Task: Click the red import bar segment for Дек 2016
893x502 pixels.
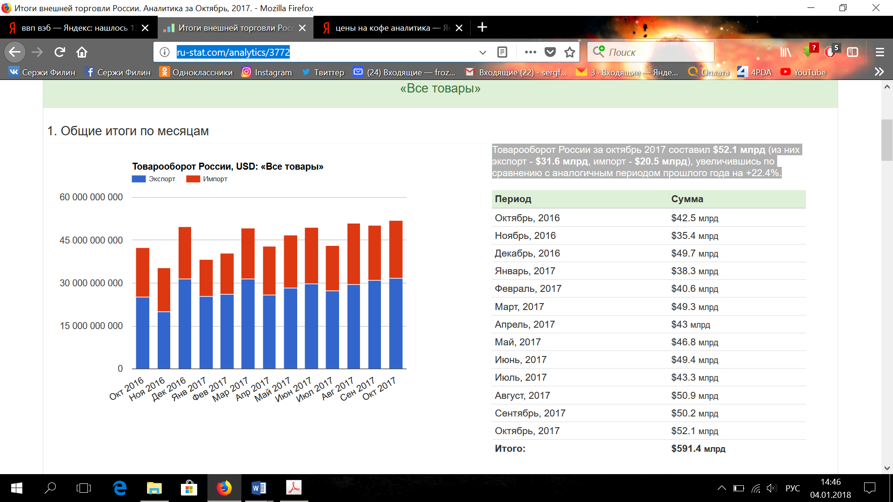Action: coord(185,253)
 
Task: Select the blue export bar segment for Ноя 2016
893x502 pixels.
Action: coord(164,340)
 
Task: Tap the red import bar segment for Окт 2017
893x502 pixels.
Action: coord(396,250)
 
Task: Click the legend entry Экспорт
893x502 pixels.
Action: coord(153,179)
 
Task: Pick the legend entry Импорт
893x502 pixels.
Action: coord(207,179)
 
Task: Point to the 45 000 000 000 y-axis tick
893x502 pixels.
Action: coord(91,240)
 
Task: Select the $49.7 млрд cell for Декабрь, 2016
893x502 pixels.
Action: coord(694,253)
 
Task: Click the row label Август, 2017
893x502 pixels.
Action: coord(522,396)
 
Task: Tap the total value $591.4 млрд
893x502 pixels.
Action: coord(698,449)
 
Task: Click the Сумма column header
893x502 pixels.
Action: coord(687,199)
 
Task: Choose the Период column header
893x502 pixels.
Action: coord(513,199)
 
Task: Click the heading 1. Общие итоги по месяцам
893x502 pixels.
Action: coord(128,131)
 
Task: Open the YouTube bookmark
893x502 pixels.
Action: coord(803,72)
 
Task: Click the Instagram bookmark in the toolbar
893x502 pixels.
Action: coord(267,72)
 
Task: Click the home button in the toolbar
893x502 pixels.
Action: coord(82,52)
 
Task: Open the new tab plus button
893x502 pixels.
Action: coord(482,27)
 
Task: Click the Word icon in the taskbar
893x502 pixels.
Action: coord(259,488)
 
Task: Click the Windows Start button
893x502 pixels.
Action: coord(17,488)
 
